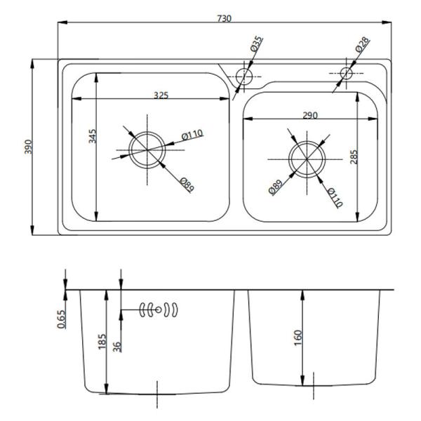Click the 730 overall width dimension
click(225, 18)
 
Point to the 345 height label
click(91, 135)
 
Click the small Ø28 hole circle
click(346, 73)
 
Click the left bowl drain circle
click(147, 149)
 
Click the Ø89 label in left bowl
click(186, 186)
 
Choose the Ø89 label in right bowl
click(275, 187)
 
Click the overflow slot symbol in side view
click(159, 309)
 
